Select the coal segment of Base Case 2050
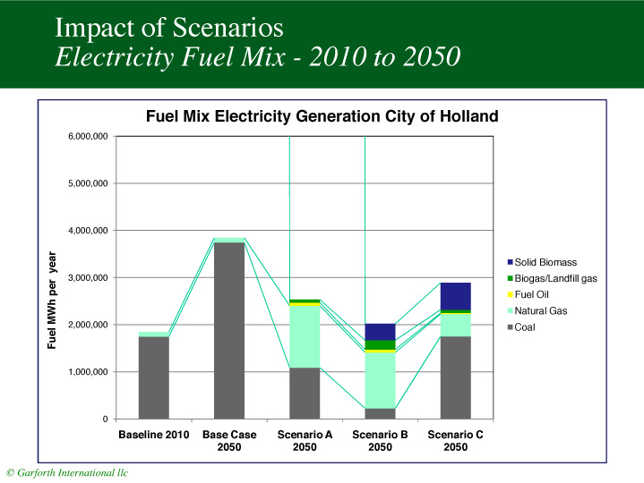(x=229, y=330)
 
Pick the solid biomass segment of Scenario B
(x=380, y=332)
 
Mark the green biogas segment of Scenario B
(x=380, y=345)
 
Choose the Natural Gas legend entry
(x=540, y=310)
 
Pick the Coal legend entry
(x=528, y=326)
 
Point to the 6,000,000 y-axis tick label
(x=86, y=137)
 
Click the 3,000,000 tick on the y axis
(x=86, y=278)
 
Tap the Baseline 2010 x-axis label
(x=154, y=436)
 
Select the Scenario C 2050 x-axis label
(x=455, y=441)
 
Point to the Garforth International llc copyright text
(x=67, y=472)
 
